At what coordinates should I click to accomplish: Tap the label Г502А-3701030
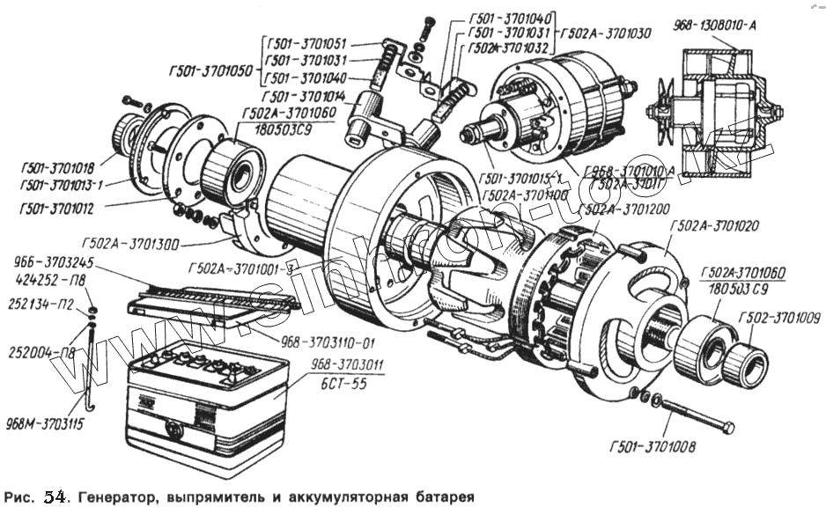606,33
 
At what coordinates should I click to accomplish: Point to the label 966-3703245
49,261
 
